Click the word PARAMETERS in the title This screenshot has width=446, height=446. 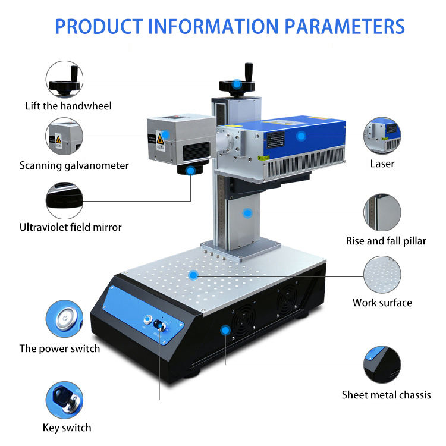pos(344,26)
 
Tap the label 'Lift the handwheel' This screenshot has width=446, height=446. pos(68,106)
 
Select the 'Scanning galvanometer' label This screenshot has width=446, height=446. pos(74,165)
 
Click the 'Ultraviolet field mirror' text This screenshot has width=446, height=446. pos(71,227)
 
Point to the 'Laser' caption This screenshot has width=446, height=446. pos(382,164)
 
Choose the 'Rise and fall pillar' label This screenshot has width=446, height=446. pos(386,241)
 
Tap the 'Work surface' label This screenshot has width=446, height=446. pos(382,303)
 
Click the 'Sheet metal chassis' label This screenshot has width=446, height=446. pos(387,395)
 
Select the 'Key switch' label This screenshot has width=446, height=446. pos(67,428)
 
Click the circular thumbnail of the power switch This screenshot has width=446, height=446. pos(64,319)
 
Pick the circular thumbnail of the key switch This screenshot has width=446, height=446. pos(64,400)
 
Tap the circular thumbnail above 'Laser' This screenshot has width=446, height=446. pos(382,135)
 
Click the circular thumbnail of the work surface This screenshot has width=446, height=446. pos(382,275)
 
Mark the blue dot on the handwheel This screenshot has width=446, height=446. pos(237,84)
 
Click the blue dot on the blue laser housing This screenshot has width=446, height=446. pos(301,136)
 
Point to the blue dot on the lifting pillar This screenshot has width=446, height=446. pos(248,213)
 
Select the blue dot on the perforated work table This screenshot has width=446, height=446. pos(193,275)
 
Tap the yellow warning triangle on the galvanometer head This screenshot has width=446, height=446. pos(160,139)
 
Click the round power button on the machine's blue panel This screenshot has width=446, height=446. pos(147,319)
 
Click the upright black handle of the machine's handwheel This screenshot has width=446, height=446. pos(249,73)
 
